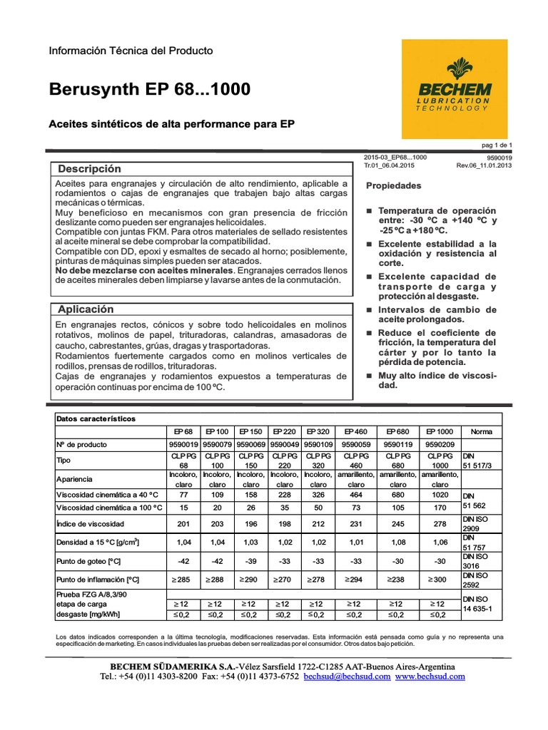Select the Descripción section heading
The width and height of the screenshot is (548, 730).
(x=89, y=169)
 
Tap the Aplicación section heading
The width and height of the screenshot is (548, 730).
(x=86, y=309)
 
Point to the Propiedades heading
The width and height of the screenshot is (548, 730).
(x=393, y=186)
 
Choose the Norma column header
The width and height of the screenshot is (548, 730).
(x=481, y=432)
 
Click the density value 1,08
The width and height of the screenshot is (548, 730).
(x=397, y=543)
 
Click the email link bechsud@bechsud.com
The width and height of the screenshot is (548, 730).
(x=347, y=676)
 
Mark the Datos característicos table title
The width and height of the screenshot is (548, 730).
(x=96, y=418)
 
